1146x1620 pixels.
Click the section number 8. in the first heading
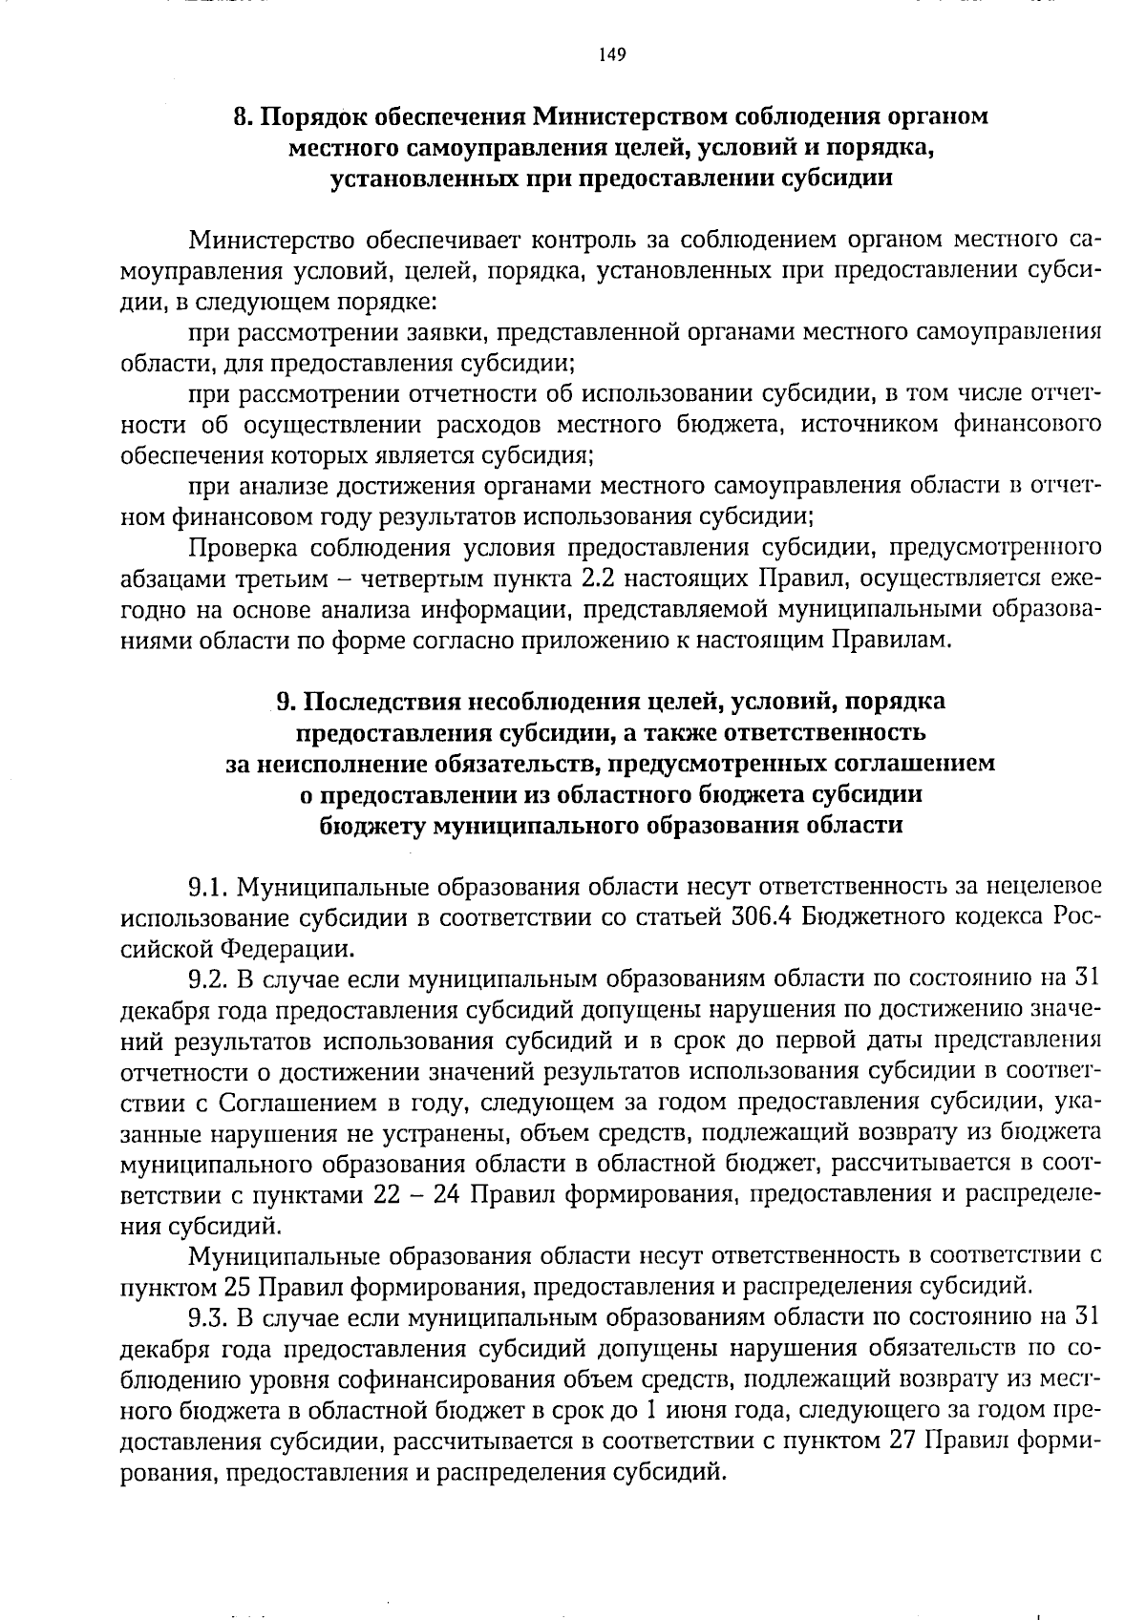click(x=244, y=117)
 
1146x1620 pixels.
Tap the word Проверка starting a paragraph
click(x=244, y=548)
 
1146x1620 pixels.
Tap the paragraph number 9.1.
click(x=207, y=889)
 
